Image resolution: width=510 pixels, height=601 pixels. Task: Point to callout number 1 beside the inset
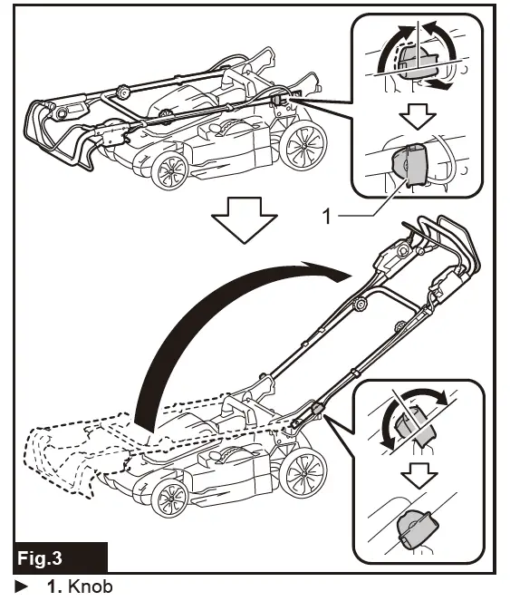point(328,216)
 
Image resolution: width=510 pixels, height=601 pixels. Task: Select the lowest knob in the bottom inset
point(415,528)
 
